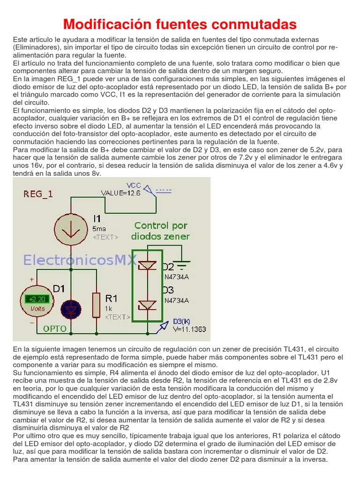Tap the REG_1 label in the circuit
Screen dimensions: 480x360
coord(38,194)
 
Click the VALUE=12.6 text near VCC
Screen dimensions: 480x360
coord(121,192)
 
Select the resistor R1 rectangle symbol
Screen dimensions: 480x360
coord(97,305)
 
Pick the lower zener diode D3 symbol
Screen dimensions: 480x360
coord(148,305)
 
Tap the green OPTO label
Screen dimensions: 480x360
coord(55,329)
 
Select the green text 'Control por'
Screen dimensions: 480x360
coord(161,226)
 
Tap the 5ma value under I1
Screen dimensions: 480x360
coord(99,229)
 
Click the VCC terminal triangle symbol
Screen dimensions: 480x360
coord(149,190)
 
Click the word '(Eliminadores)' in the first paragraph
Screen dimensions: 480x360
coord(36,47)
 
